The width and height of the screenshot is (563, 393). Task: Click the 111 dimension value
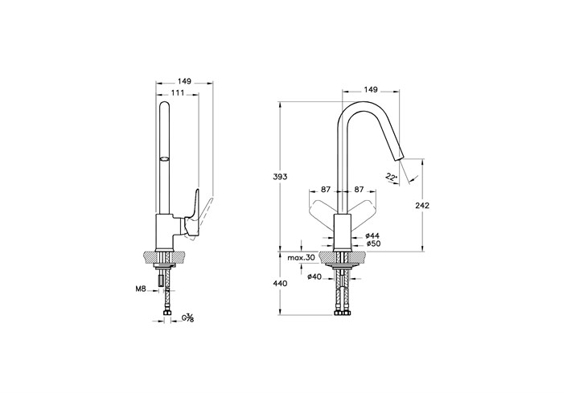(178, 93)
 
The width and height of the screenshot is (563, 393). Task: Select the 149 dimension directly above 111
(184, 81)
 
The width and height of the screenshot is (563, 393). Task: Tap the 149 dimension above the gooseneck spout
(371, 90)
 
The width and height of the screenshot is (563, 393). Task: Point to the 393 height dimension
(281, 177)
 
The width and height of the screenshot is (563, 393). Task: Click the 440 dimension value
(281, 284)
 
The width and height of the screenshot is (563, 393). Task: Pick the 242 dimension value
(422, 206)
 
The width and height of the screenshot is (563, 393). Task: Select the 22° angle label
(392, 177)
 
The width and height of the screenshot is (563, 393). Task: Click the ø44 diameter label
(372, 235)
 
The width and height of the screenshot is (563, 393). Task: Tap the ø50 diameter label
(373, 244)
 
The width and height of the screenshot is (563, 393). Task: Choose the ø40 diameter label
(314, 276)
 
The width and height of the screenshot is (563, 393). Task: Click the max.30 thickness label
(301, 257)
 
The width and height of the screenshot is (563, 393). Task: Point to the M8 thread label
(141, 289)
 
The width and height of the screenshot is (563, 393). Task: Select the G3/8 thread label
(187, 317)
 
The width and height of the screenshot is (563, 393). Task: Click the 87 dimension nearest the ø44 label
(359, 189)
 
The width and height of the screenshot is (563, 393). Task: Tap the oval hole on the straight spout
(164, 158)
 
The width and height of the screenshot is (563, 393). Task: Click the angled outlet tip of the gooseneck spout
(398, 158)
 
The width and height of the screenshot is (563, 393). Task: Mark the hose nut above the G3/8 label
(167, 313)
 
